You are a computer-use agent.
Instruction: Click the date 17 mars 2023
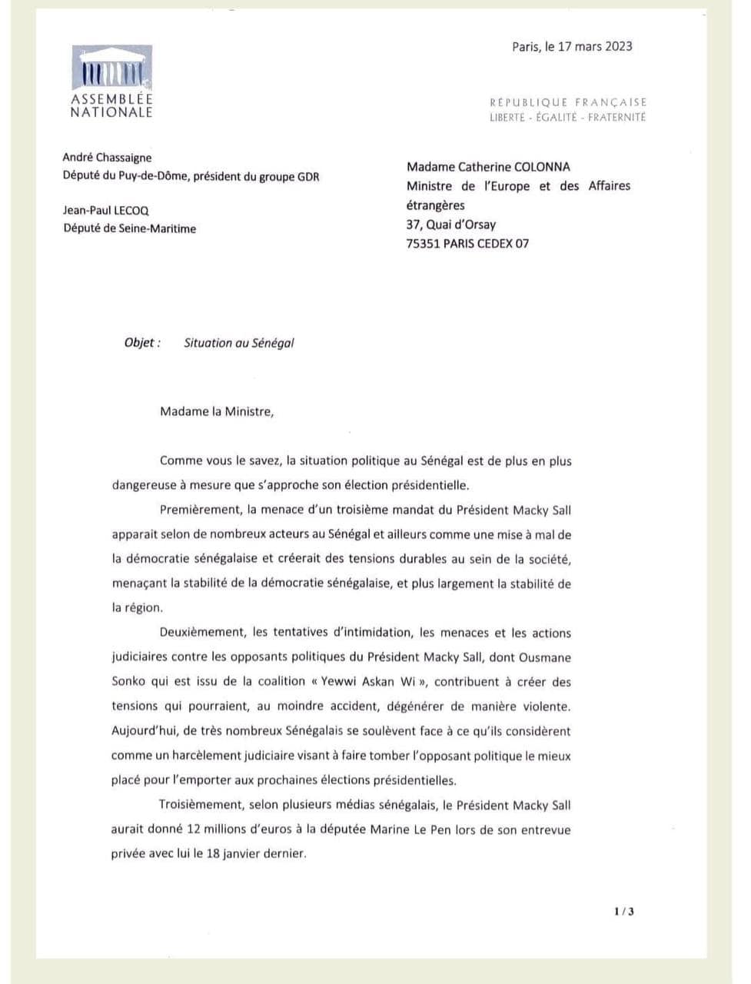(595, 46)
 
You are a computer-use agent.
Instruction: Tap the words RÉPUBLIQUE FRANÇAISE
(568, 101)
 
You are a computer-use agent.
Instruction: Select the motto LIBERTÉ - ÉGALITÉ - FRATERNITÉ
(568, 118)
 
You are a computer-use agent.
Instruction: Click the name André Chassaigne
(107, 158)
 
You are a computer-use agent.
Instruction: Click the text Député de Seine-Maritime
(129, 228)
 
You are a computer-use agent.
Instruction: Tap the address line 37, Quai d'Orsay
(451, 224)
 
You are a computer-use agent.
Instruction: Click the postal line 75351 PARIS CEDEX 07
(467, 244)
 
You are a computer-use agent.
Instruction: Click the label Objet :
(142, 343)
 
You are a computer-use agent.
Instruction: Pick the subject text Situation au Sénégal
(239, 343)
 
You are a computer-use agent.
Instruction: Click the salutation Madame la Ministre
(216, 411)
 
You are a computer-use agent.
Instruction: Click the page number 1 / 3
(624, 912)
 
